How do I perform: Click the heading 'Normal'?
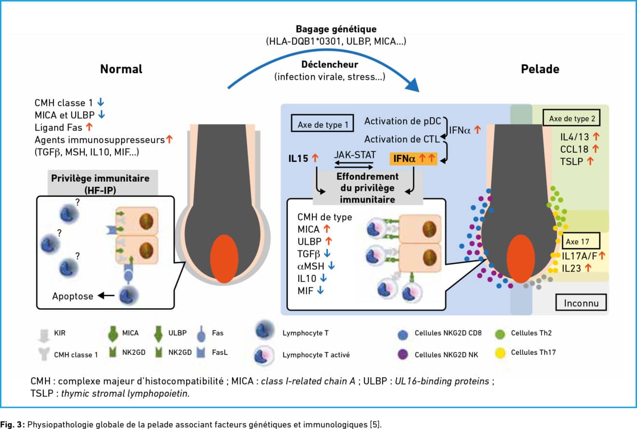tap(121, 69)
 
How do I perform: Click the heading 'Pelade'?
tap(540, 69)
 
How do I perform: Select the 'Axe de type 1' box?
tap(322, 123)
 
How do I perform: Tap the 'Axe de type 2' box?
tap(571, 118)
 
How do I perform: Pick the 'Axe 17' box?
tap(581, 241)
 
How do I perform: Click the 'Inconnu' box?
tap(581, 302)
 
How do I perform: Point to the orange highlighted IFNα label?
tap(413, 158)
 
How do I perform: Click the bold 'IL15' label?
tap(298, 158)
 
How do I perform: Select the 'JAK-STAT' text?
tap(355, 155)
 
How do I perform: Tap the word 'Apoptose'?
tap(72, 296)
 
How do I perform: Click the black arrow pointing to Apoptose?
tap(106, 296)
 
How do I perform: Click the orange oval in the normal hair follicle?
tap(224, 259)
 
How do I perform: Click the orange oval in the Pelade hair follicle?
tap(521, 259)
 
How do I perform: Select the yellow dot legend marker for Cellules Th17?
tap(500, 352)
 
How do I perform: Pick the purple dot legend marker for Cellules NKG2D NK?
tap(402, 354)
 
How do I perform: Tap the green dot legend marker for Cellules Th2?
tap(500, 334)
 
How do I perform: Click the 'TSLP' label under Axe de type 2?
tap(571, 161)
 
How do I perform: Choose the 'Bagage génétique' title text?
tap(336, 29)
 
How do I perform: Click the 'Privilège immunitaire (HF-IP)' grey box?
tap(103, 182)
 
